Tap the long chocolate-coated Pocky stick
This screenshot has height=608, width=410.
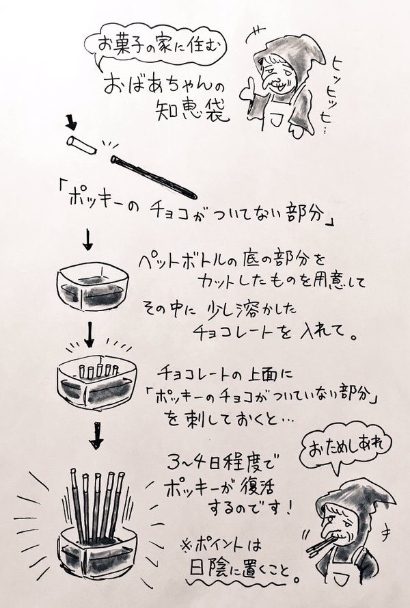[154, 176]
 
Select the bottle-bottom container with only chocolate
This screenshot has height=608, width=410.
[92, 288]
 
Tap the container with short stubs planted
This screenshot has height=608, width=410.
[97, 384]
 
